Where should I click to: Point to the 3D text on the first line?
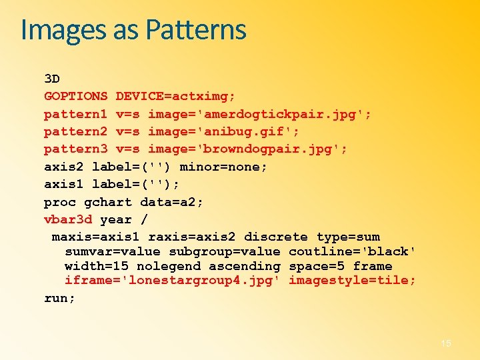point(52,79)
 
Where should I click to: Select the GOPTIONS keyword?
point(75,96)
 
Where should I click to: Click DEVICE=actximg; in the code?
point(175,96)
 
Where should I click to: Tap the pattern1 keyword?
point(75,114)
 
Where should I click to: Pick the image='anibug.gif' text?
point(223,131)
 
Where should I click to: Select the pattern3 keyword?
point(75,149)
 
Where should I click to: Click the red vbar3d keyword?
point(68,219)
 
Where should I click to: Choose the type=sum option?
point(348,237)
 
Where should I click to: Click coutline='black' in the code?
point(353,251)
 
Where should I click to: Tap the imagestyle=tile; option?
point(353,281)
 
